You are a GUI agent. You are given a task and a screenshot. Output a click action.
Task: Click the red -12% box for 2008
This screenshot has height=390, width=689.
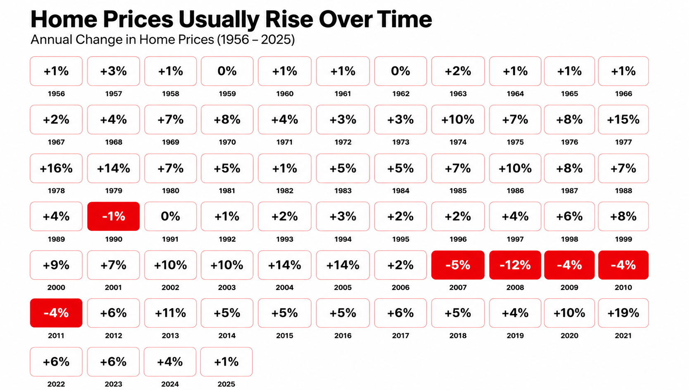click(515, 265)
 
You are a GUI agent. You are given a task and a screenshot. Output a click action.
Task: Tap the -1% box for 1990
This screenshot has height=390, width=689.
click(114, 216)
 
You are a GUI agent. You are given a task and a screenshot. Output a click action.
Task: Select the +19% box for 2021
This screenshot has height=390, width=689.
click(623, 313)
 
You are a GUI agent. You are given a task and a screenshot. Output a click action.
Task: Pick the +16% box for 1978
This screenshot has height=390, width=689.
click(56, 168)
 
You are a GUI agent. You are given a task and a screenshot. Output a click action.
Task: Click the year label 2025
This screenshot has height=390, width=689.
click(226, 384)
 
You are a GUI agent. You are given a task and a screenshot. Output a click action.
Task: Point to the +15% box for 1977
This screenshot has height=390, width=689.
click(623, 120)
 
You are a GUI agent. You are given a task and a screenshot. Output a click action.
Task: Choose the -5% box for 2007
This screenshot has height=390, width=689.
click(458, 265)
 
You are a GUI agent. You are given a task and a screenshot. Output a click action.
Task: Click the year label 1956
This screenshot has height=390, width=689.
click(56, 94)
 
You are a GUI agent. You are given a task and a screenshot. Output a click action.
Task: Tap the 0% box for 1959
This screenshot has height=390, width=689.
click(227, 71)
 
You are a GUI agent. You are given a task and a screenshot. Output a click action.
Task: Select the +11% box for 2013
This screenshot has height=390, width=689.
click(170, 313)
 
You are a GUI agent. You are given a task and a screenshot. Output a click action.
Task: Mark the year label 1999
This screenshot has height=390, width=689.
click(623, 239)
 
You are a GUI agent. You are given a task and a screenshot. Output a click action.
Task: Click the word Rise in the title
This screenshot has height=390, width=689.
click(289, 19)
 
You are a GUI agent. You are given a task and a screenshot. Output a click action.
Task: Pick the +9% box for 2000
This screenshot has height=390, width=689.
click(56, 265)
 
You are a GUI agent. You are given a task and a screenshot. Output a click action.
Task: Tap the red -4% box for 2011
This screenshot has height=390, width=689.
click(56, 313)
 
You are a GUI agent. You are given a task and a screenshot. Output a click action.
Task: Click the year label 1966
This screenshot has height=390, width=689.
click(623, 94)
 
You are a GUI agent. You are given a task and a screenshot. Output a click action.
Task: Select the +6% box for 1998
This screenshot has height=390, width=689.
click(570, 216)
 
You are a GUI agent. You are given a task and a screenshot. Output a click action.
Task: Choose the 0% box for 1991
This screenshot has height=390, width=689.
click(170, 216)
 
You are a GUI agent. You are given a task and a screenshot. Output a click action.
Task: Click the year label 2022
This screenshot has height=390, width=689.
click(56, 384)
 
